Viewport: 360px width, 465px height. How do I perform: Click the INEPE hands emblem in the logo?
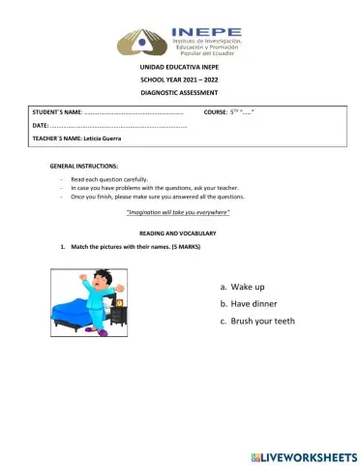[x=142, y=42]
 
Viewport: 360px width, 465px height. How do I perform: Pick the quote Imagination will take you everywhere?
[x=178, y=211]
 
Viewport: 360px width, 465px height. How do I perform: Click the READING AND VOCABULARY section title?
[x=178, y=233]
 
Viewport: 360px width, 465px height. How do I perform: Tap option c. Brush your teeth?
[x=257, y=321]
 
